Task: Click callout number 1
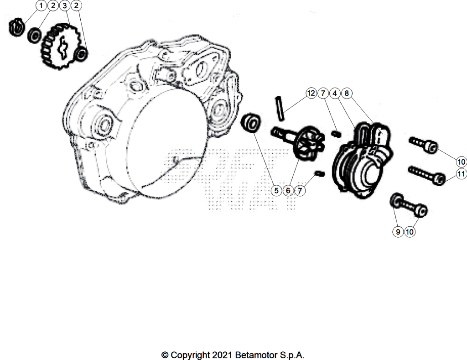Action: click(41, 5)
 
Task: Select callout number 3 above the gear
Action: click(65, 5)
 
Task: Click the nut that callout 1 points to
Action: click(16, 28)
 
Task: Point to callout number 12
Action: click(311, 93)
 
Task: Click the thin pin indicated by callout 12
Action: click(280, 109)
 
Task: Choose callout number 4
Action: click(335, 93)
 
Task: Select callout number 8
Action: click(347, 93)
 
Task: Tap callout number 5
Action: click(276, 190)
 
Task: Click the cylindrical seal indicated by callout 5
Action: click(251, 122)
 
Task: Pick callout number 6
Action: click(288, 190)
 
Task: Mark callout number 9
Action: click(398, 231)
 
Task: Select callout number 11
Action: click(462, 174)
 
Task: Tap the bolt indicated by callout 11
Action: click(426, 175)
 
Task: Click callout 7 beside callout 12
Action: click(323, 93)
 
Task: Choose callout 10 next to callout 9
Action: click(410, 231)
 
